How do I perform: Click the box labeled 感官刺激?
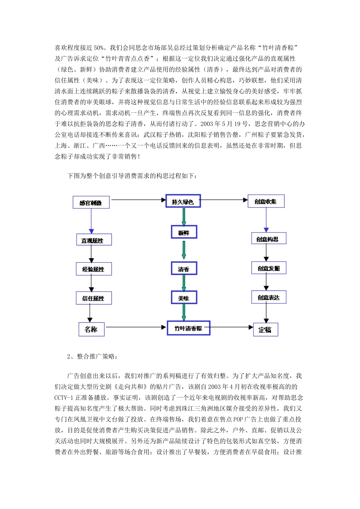91,203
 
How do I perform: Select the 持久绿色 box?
183,201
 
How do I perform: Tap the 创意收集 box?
266,201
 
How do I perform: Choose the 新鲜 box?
184,232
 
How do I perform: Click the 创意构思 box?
268,239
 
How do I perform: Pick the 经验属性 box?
94,269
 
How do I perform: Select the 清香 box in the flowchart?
184,269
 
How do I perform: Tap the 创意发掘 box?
268,268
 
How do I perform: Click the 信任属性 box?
94,298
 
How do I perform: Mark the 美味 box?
184,298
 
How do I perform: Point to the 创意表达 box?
268,297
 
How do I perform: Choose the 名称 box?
91,329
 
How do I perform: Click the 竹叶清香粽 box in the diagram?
188,328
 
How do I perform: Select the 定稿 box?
265,329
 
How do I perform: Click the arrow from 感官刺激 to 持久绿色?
138,200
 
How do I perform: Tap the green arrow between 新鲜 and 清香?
184,250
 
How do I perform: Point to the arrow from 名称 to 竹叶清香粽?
135,327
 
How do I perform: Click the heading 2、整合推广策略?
92,356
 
